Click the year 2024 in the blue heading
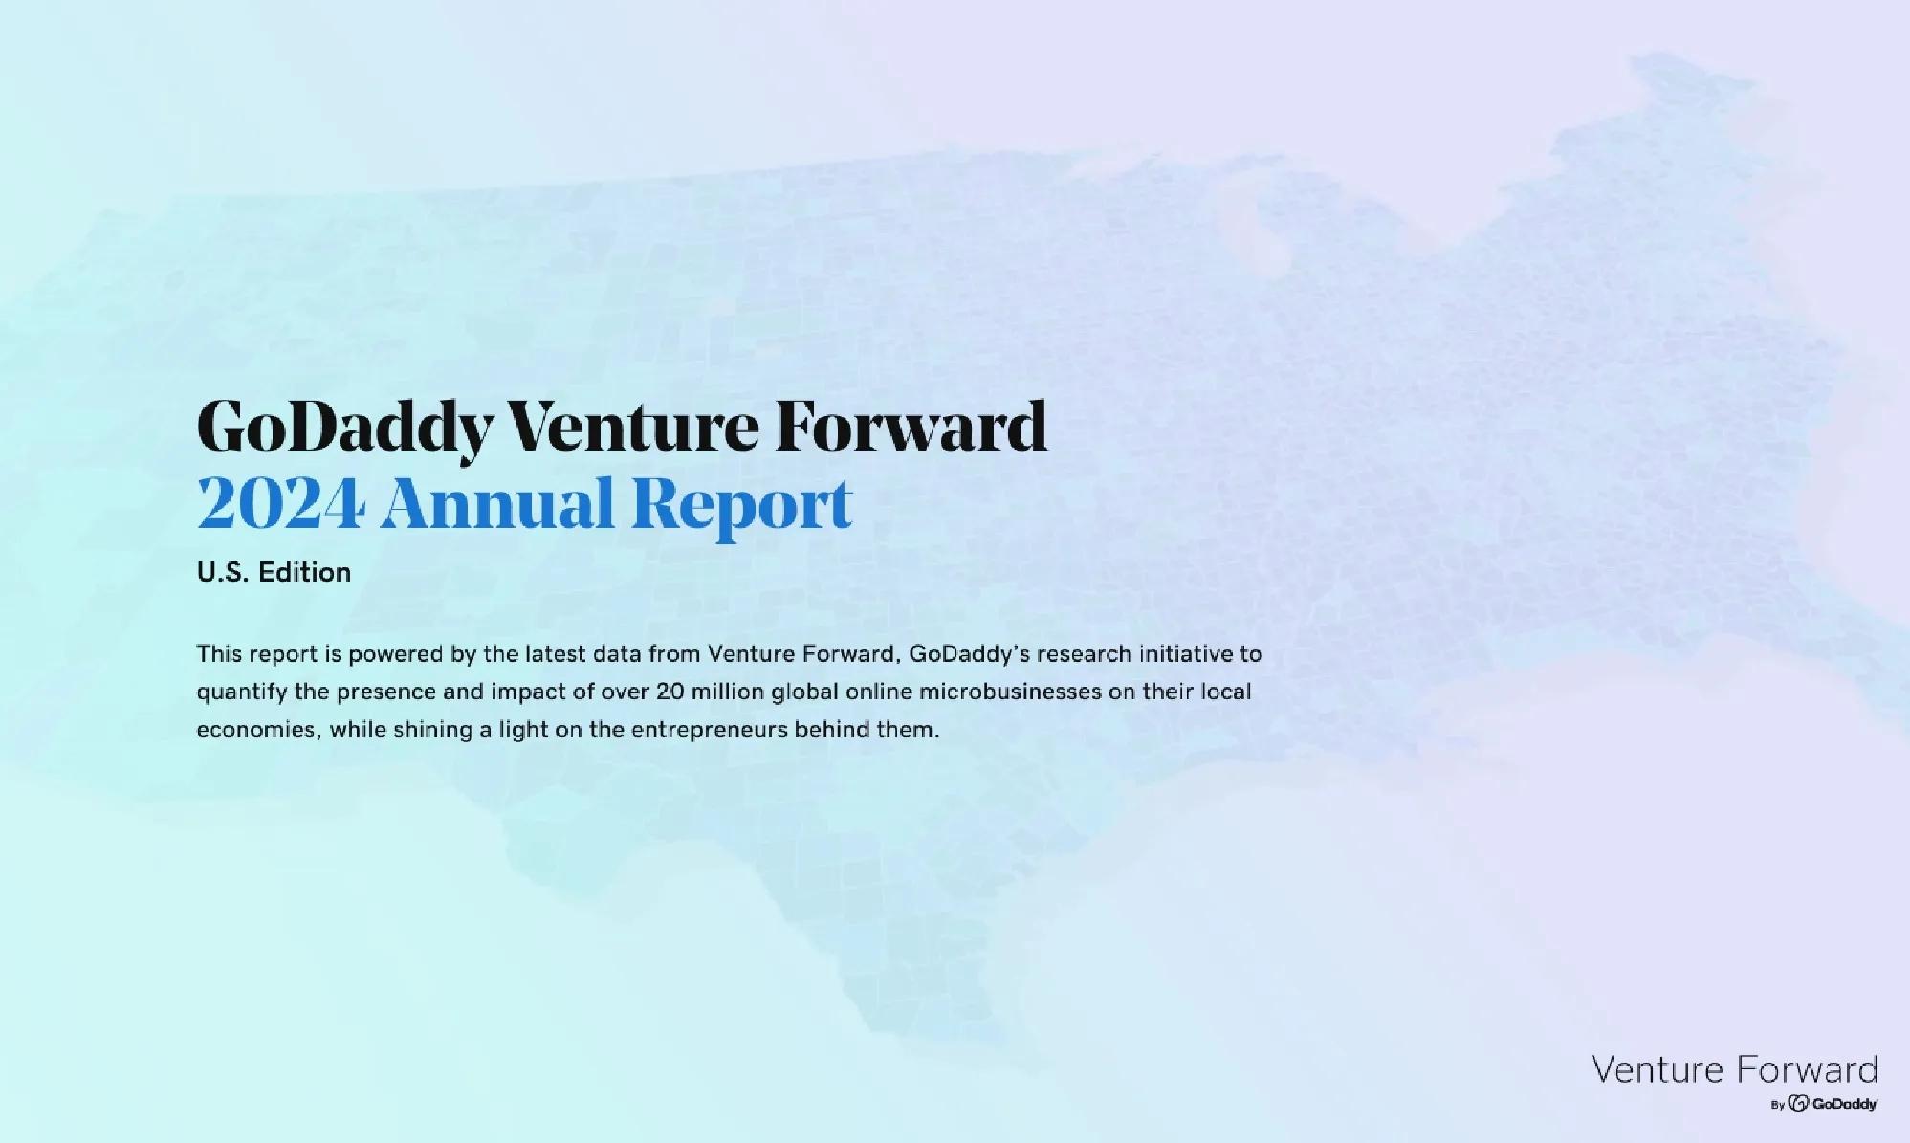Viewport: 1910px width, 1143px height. point(281,504)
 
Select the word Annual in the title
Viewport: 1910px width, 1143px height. point(497,504)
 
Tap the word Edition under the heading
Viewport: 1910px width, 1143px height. point(305,572)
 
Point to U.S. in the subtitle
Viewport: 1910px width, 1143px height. point(223,572)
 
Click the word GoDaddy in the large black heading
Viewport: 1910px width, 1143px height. point(345,427)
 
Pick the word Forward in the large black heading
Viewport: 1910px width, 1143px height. point(911,426)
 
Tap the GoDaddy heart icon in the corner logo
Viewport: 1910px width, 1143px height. point(1798,1104)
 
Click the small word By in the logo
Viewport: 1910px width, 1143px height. point(1778,1105)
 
